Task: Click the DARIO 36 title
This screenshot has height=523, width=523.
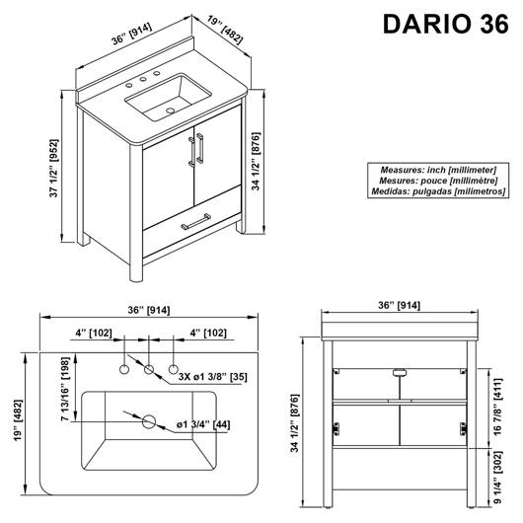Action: coord(446,24)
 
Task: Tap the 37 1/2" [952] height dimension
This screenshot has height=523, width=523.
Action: coord(53,168)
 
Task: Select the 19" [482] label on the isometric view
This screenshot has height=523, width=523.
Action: coord(225,30)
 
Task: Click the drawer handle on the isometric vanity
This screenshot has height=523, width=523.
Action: coord(195,222)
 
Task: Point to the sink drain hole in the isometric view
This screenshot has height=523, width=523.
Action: coord(171,111)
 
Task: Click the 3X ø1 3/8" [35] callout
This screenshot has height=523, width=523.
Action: coord(212,377)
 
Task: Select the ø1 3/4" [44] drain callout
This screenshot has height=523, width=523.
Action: coord(203,424)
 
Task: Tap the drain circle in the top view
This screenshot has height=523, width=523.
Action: coord(149,421)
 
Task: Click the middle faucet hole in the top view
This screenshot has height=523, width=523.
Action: coord(149,369)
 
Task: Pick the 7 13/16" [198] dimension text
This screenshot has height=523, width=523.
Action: coord(65,389)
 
